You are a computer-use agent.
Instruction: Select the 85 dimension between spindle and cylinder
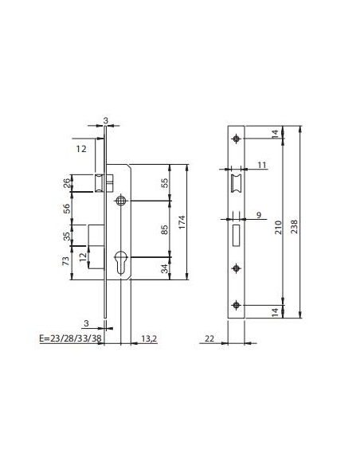click(x=163, y=230)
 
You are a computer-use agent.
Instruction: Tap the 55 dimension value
click(x=163, y=182)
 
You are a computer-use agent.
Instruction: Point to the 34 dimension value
click(x=163, y=268)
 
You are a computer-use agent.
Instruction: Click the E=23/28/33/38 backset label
click(x=69, y=337)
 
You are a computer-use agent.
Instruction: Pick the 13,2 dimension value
click(x=149, y=337)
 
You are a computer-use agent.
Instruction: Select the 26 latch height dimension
click(x=66, y=183)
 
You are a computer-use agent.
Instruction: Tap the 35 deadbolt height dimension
click(x=66, y=236)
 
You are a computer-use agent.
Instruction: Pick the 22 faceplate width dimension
click(x=209, y=338)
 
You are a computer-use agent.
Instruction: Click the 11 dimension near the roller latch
click(x=261, y=166)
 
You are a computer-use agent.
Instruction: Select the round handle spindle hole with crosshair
click(x=119, y=201)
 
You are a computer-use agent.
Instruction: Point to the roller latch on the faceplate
click(x=236, y=182)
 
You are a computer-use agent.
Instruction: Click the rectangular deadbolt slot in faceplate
click(x=236, y=234)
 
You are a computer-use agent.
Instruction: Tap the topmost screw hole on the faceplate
click(x=236, y=139)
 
